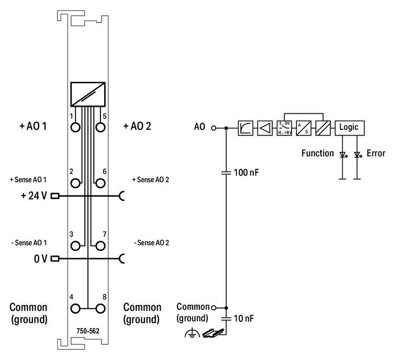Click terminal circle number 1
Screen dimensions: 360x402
coord(75,127)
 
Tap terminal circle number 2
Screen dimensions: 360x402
coord(75,183)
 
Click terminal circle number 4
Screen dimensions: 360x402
coord(75,308)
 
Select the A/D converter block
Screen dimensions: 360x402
coord(304,127)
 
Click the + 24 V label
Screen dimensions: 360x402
coord(33,196)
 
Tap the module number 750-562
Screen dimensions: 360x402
coord(88,330)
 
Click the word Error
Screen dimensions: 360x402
coord(376,154)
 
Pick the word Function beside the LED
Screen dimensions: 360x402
coord(317,154)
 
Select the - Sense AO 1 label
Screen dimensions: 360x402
coord(29,243)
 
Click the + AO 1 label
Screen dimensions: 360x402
coord(33,126)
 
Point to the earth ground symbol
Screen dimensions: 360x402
coord(192,333)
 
